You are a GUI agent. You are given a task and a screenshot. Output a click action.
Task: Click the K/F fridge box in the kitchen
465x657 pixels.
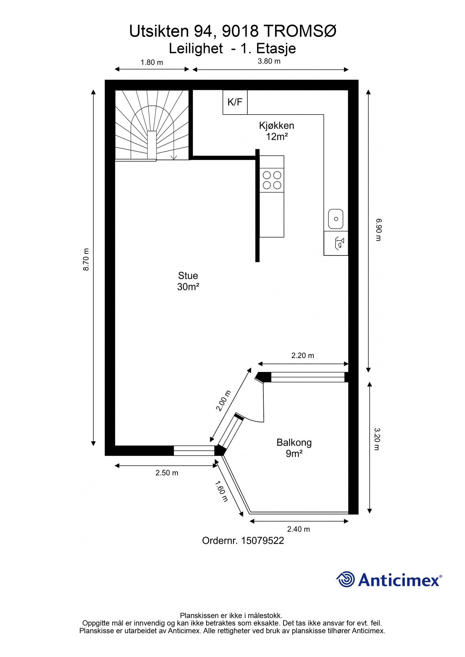point(235,102)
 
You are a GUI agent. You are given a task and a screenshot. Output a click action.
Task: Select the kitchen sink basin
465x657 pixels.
point(336,219)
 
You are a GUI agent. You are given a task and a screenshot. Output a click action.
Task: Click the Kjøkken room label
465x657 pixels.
point(277,126)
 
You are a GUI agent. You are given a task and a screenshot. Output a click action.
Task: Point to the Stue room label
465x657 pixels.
point(188,276)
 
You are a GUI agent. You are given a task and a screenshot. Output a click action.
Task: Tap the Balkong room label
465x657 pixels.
point(294,443)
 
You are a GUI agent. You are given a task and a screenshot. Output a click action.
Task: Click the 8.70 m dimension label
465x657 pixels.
point(86,260)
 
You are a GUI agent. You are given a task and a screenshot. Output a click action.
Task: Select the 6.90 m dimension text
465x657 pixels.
point(378,230)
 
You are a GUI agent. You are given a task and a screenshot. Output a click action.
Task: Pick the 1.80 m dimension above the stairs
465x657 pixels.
point(152,62)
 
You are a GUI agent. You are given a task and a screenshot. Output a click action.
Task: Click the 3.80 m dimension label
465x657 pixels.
point(269,61)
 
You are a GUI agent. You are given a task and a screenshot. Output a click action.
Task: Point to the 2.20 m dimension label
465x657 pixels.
point(302,356)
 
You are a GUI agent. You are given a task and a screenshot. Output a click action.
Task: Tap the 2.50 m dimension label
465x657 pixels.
point(167,473)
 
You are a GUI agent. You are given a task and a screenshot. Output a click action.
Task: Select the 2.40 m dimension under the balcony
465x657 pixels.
point(298,529)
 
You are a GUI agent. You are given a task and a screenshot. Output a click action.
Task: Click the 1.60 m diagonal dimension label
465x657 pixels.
point(221,491)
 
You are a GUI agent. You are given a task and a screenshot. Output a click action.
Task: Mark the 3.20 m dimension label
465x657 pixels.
point(377,439)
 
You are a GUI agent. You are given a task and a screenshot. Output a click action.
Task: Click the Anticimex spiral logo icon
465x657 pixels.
point(345,579)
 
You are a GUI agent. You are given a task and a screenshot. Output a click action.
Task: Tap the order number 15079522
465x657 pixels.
point(262,541)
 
